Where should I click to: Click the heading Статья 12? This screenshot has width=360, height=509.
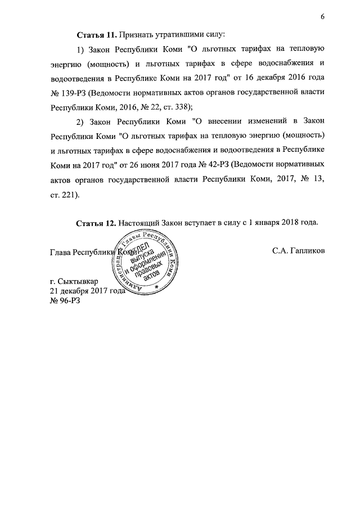coord(96,222)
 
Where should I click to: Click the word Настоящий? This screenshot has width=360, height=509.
coord(138,222)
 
